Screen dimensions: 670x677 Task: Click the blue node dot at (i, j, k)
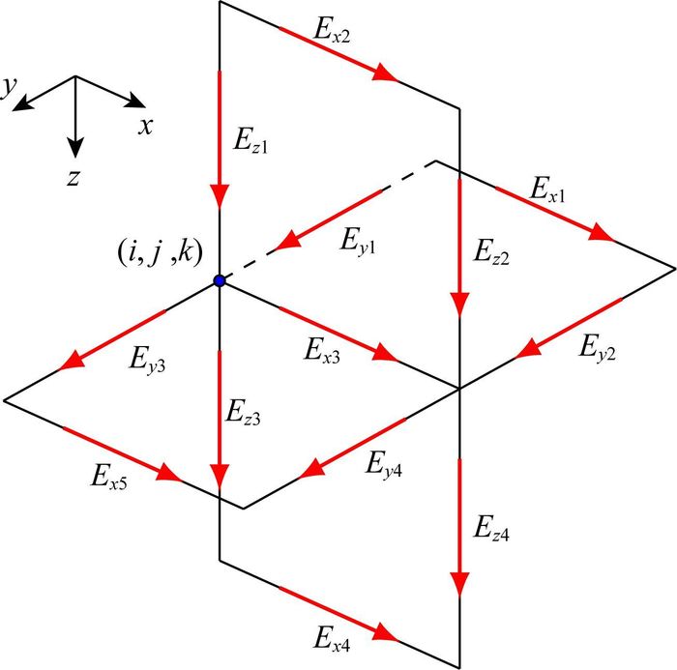[x=220, y=280]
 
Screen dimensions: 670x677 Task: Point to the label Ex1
[x=547, y=189]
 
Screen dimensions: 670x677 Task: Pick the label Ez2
[x=490, y=255]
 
